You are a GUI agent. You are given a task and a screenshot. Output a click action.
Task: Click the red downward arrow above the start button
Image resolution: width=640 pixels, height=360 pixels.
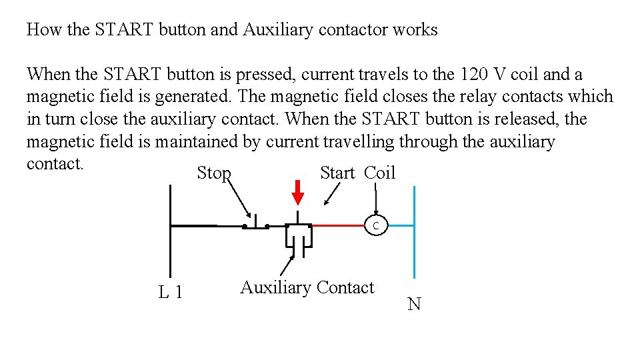pos(298,193)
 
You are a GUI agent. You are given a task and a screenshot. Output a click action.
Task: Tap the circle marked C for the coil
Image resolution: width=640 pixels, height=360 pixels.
pos(376,226)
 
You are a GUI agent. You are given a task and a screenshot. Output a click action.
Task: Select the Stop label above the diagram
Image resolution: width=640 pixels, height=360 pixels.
pos(213,173)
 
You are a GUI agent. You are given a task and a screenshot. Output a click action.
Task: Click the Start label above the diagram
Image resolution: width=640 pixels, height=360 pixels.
pos(337,173)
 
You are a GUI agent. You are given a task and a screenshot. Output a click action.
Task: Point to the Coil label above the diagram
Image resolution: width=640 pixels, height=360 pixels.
pos(380,173)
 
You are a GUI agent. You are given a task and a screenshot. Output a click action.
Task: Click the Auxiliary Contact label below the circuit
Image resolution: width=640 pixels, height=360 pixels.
pos(307,287)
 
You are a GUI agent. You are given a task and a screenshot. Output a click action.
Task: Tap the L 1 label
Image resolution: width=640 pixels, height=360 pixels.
pos(171,292)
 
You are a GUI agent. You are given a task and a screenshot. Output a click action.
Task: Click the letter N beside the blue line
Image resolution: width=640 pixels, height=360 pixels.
pos(414,305)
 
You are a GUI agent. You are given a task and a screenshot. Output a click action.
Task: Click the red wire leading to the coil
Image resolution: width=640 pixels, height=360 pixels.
pos(338,225)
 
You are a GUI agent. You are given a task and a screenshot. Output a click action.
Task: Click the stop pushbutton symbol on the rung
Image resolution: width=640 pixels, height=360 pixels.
pos(255,222)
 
